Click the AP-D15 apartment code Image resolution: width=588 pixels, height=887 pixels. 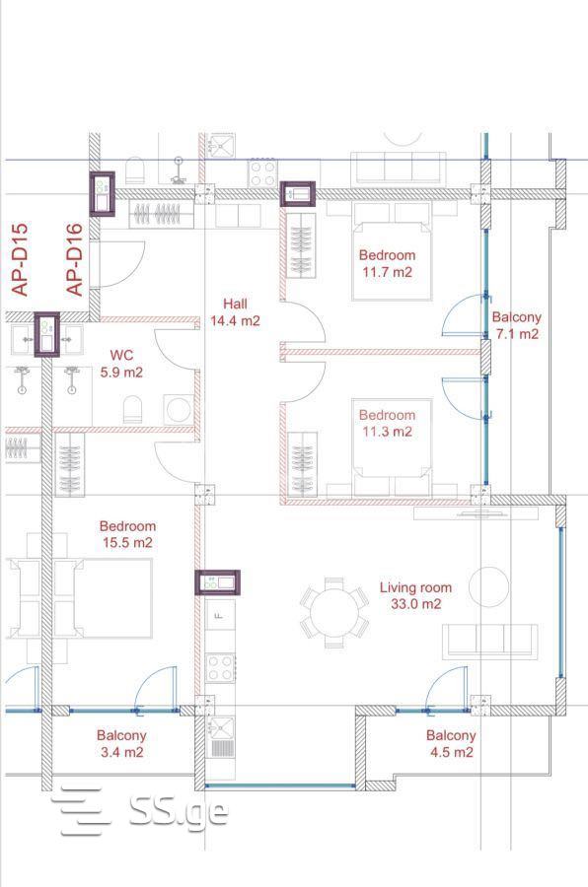20,260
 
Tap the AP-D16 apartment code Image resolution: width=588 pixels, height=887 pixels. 74,260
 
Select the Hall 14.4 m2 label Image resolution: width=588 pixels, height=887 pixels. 235,312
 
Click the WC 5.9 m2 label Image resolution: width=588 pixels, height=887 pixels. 121,364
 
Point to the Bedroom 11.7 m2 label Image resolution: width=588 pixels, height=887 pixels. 388,263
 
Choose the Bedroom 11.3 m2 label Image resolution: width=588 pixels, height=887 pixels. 388,423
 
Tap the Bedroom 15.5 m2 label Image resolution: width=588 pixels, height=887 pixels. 127,534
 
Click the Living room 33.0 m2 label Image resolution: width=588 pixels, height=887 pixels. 415,595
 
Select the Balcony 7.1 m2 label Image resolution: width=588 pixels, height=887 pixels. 517,325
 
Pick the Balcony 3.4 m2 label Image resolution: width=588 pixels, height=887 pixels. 121,744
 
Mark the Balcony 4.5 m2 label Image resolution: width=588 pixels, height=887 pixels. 451,744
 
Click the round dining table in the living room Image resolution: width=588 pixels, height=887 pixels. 334,613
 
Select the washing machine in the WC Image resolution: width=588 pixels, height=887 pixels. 179,409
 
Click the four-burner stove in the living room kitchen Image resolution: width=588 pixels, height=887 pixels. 220,667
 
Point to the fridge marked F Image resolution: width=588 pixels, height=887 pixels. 220,615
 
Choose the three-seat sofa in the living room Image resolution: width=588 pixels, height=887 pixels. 490,641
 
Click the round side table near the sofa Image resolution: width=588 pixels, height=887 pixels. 489,587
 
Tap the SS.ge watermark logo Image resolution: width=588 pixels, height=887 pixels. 143,810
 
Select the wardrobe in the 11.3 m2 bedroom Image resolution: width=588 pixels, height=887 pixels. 302,465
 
